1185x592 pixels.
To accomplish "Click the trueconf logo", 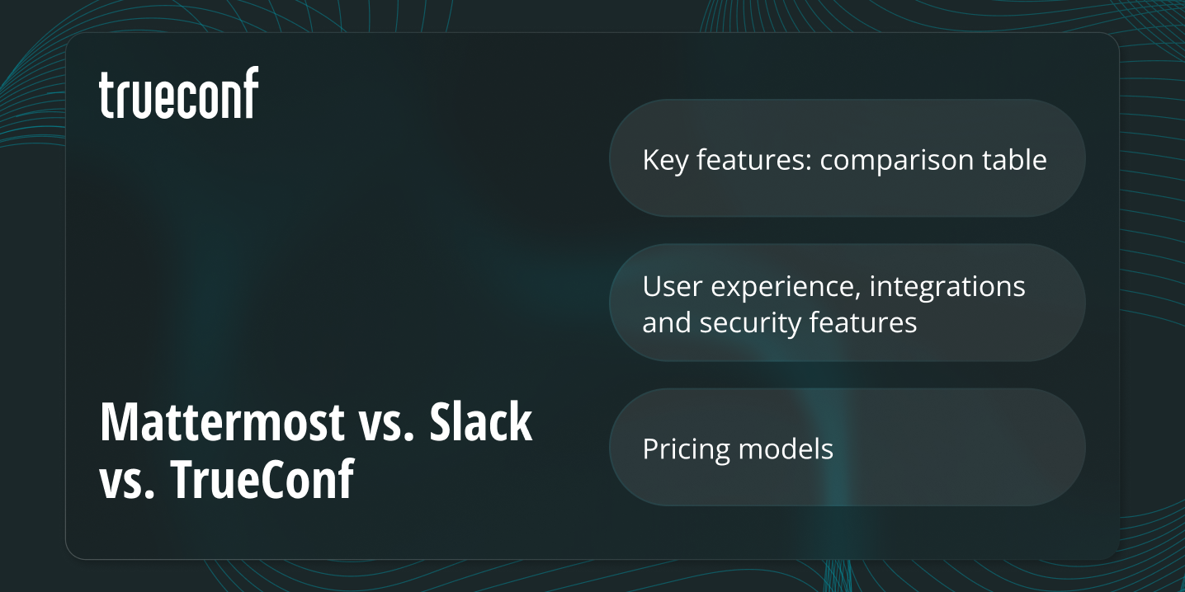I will [x=178, y=93].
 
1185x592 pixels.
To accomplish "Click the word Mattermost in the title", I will [x=221, y=422].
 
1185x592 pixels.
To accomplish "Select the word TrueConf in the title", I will [x=262, y=479].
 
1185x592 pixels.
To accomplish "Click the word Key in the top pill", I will [x=665, y=159].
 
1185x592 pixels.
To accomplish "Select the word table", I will [x=1017, y=159].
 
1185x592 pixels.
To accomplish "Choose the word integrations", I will [x=947, y=286].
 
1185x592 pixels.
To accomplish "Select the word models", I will [x=786, y=449].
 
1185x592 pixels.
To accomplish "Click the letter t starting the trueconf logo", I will [x=106, y=95].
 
